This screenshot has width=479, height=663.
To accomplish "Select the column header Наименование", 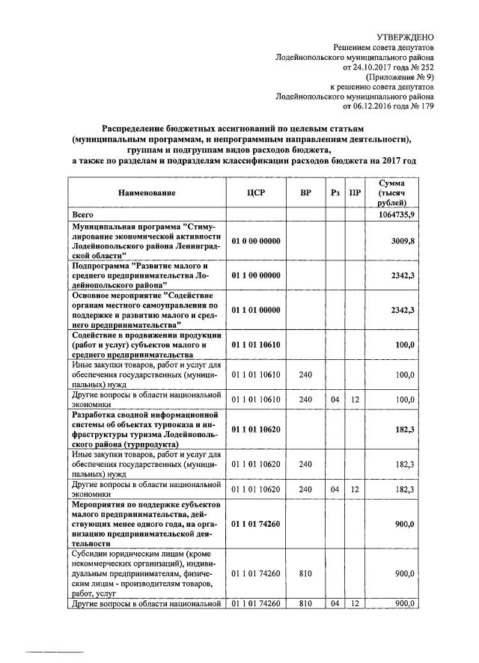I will coord(147,192).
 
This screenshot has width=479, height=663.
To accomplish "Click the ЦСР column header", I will coord(256,192).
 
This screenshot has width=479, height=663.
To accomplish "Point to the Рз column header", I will coord(335,192).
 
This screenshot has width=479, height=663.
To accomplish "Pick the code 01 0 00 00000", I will coord(256,241).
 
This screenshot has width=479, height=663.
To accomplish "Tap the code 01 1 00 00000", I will coord(256,275).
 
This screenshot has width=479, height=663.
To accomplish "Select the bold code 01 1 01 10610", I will coord(256,344).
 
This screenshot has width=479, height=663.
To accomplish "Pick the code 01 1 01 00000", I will coord(256,310).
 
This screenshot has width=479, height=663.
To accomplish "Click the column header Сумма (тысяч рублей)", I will coord(392,192).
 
